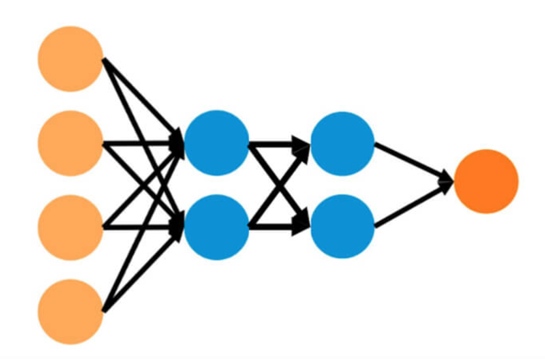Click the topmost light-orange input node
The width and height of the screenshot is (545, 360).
pyautogui.click(x=71, y=59)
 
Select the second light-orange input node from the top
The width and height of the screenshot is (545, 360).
pyautogui.click(x=71, y=143)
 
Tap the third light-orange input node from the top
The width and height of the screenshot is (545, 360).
pyautogui.click(x=71, y=228)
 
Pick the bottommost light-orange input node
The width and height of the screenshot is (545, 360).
pyautogui.click(x=71, y=312)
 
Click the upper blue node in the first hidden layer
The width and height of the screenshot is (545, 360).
pyautogui.click(x=217, y=143)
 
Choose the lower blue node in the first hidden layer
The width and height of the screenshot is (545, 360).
pyautogui.click(x=217, y=227)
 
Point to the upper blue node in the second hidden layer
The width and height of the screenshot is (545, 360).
pyautogui.click(x=342, y=144)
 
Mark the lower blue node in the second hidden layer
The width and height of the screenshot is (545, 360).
pyautogui.click(x=342, y=226)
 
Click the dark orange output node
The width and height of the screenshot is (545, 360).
pyautogui.click(x=486, y=181)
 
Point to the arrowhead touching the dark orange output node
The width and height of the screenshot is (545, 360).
pyautogui.click(x=446, y=181)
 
